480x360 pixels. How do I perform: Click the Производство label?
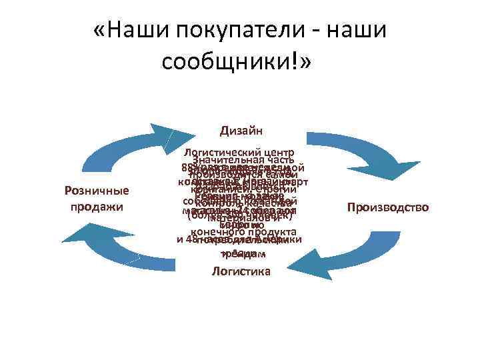click(388, 208)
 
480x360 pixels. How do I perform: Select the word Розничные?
click(97, 191)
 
